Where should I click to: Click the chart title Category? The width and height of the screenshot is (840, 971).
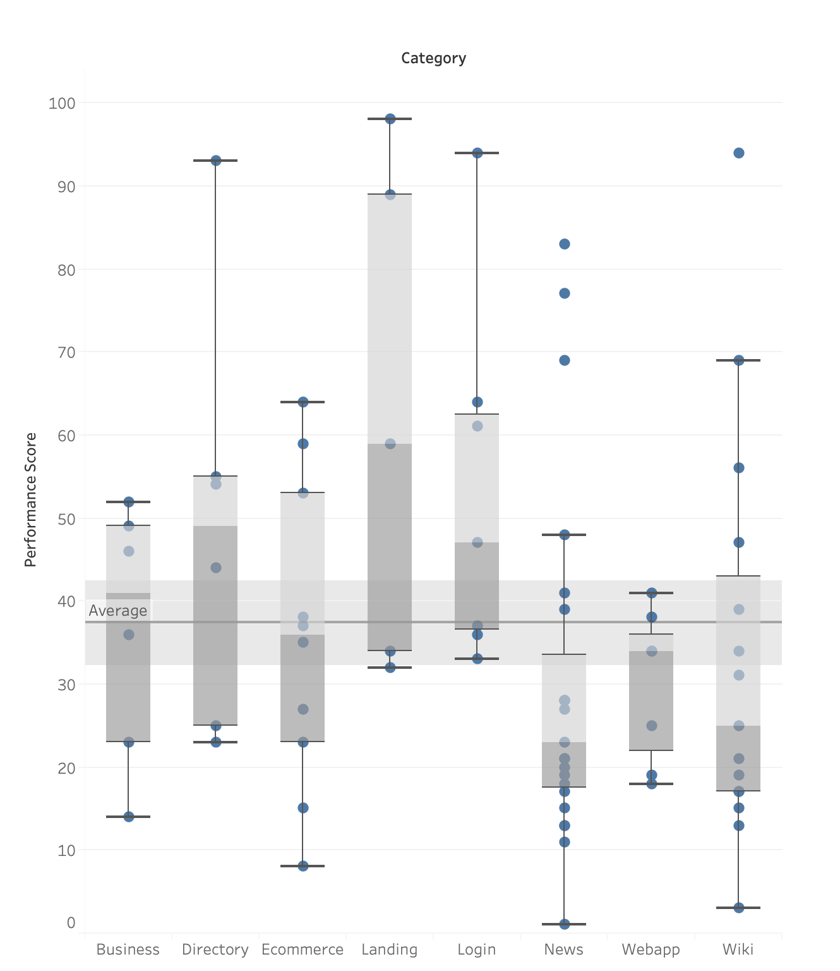[433, 58]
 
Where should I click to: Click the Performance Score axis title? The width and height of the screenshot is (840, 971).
[30, 499]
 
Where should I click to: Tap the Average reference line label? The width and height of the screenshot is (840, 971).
[118, 611]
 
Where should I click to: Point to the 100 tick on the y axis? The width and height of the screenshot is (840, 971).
[61, 103]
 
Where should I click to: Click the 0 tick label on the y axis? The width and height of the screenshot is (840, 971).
[71, 922]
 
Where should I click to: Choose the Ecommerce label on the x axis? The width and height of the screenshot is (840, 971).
[303, 950]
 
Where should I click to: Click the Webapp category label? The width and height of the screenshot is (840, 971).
[651, 950]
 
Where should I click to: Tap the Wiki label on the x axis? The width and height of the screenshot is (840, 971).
[738, 950]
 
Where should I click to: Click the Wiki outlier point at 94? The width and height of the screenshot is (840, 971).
[739, 153]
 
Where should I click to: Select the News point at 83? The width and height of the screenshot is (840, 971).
[565, 244]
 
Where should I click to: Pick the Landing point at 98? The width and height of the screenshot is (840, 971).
[390, 119]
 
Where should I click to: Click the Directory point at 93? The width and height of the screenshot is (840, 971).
[216, 161]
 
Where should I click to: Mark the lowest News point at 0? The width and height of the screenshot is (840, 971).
[565, 924]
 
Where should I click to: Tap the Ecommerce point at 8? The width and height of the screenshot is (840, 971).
[303, 866]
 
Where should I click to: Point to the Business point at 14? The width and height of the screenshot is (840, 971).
[129, 817]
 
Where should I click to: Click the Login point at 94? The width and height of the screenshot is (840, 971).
[477, 153]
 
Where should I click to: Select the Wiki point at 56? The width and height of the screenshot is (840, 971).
[739, 468]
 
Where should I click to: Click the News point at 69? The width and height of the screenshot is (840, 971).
[565, 360]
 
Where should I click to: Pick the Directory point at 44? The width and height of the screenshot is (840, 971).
[216, 568]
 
